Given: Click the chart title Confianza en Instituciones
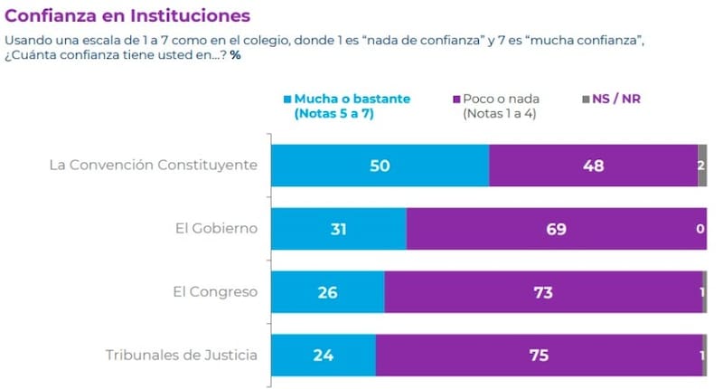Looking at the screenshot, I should (x=127, y=16).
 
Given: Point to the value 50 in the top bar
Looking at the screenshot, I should (x=380, y=166).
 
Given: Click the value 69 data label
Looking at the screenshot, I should (x=556, y=229).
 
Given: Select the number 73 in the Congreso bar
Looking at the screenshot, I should (x=542, y=291).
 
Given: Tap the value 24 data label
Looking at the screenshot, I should (x=323, y=355).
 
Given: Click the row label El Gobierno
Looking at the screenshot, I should (x=217, y=229).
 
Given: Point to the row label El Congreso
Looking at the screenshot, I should (x=215, y=291).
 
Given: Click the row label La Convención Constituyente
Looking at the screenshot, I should (x=154, y=166).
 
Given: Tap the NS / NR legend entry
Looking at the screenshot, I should (x=615, y=99).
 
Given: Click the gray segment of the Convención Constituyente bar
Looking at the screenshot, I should (x=701, y=166).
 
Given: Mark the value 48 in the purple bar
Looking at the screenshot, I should (x=593, y=166).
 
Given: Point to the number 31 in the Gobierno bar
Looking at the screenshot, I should (x=339, y=229).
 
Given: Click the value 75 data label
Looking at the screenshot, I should (x=538, y=355).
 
